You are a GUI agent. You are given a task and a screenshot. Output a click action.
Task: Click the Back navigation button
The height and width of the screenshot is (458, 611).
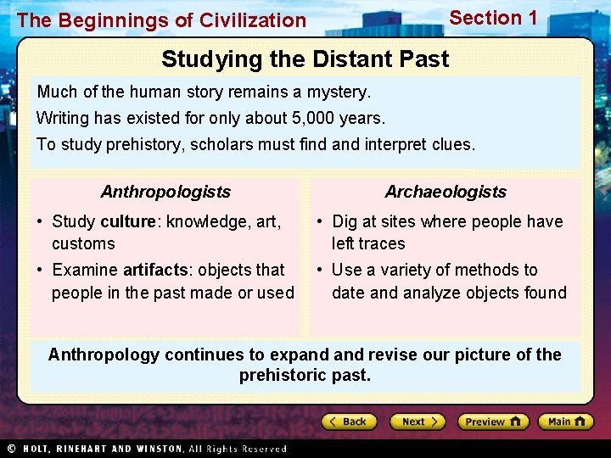tap(349, 422)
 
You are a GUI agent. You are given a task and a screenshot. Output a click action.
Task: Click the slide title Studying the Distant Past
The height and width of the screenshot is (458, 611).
tap(305, 59)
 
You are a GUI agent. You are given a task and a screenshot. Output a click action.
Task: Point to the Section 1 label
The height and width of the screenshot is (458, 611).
tap(493, 18)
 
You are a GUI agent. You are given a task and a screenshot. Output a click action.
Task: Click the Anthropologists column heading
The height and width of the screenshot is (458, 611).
tap(165, 192)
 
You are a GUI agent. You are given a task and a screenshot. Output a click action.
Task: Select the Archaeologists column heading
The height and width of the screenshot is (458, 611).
tap(446, 192)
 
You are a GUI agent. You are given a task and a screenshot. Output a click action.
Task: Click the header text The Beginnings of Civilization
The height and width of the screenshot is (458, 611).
tap(161, 20)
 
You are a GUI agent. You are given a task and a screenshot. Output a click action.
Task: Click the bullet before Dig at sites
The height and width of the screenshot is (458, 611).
tap(319, 222)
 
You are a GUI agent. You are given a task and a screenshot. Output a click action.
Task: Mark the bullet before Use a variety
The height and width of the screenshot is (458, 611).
tap(319, 271)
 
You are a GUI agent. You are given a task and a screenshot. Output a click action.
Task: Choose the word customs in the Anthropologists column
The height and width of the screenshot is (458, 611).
tap(83, 244)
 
